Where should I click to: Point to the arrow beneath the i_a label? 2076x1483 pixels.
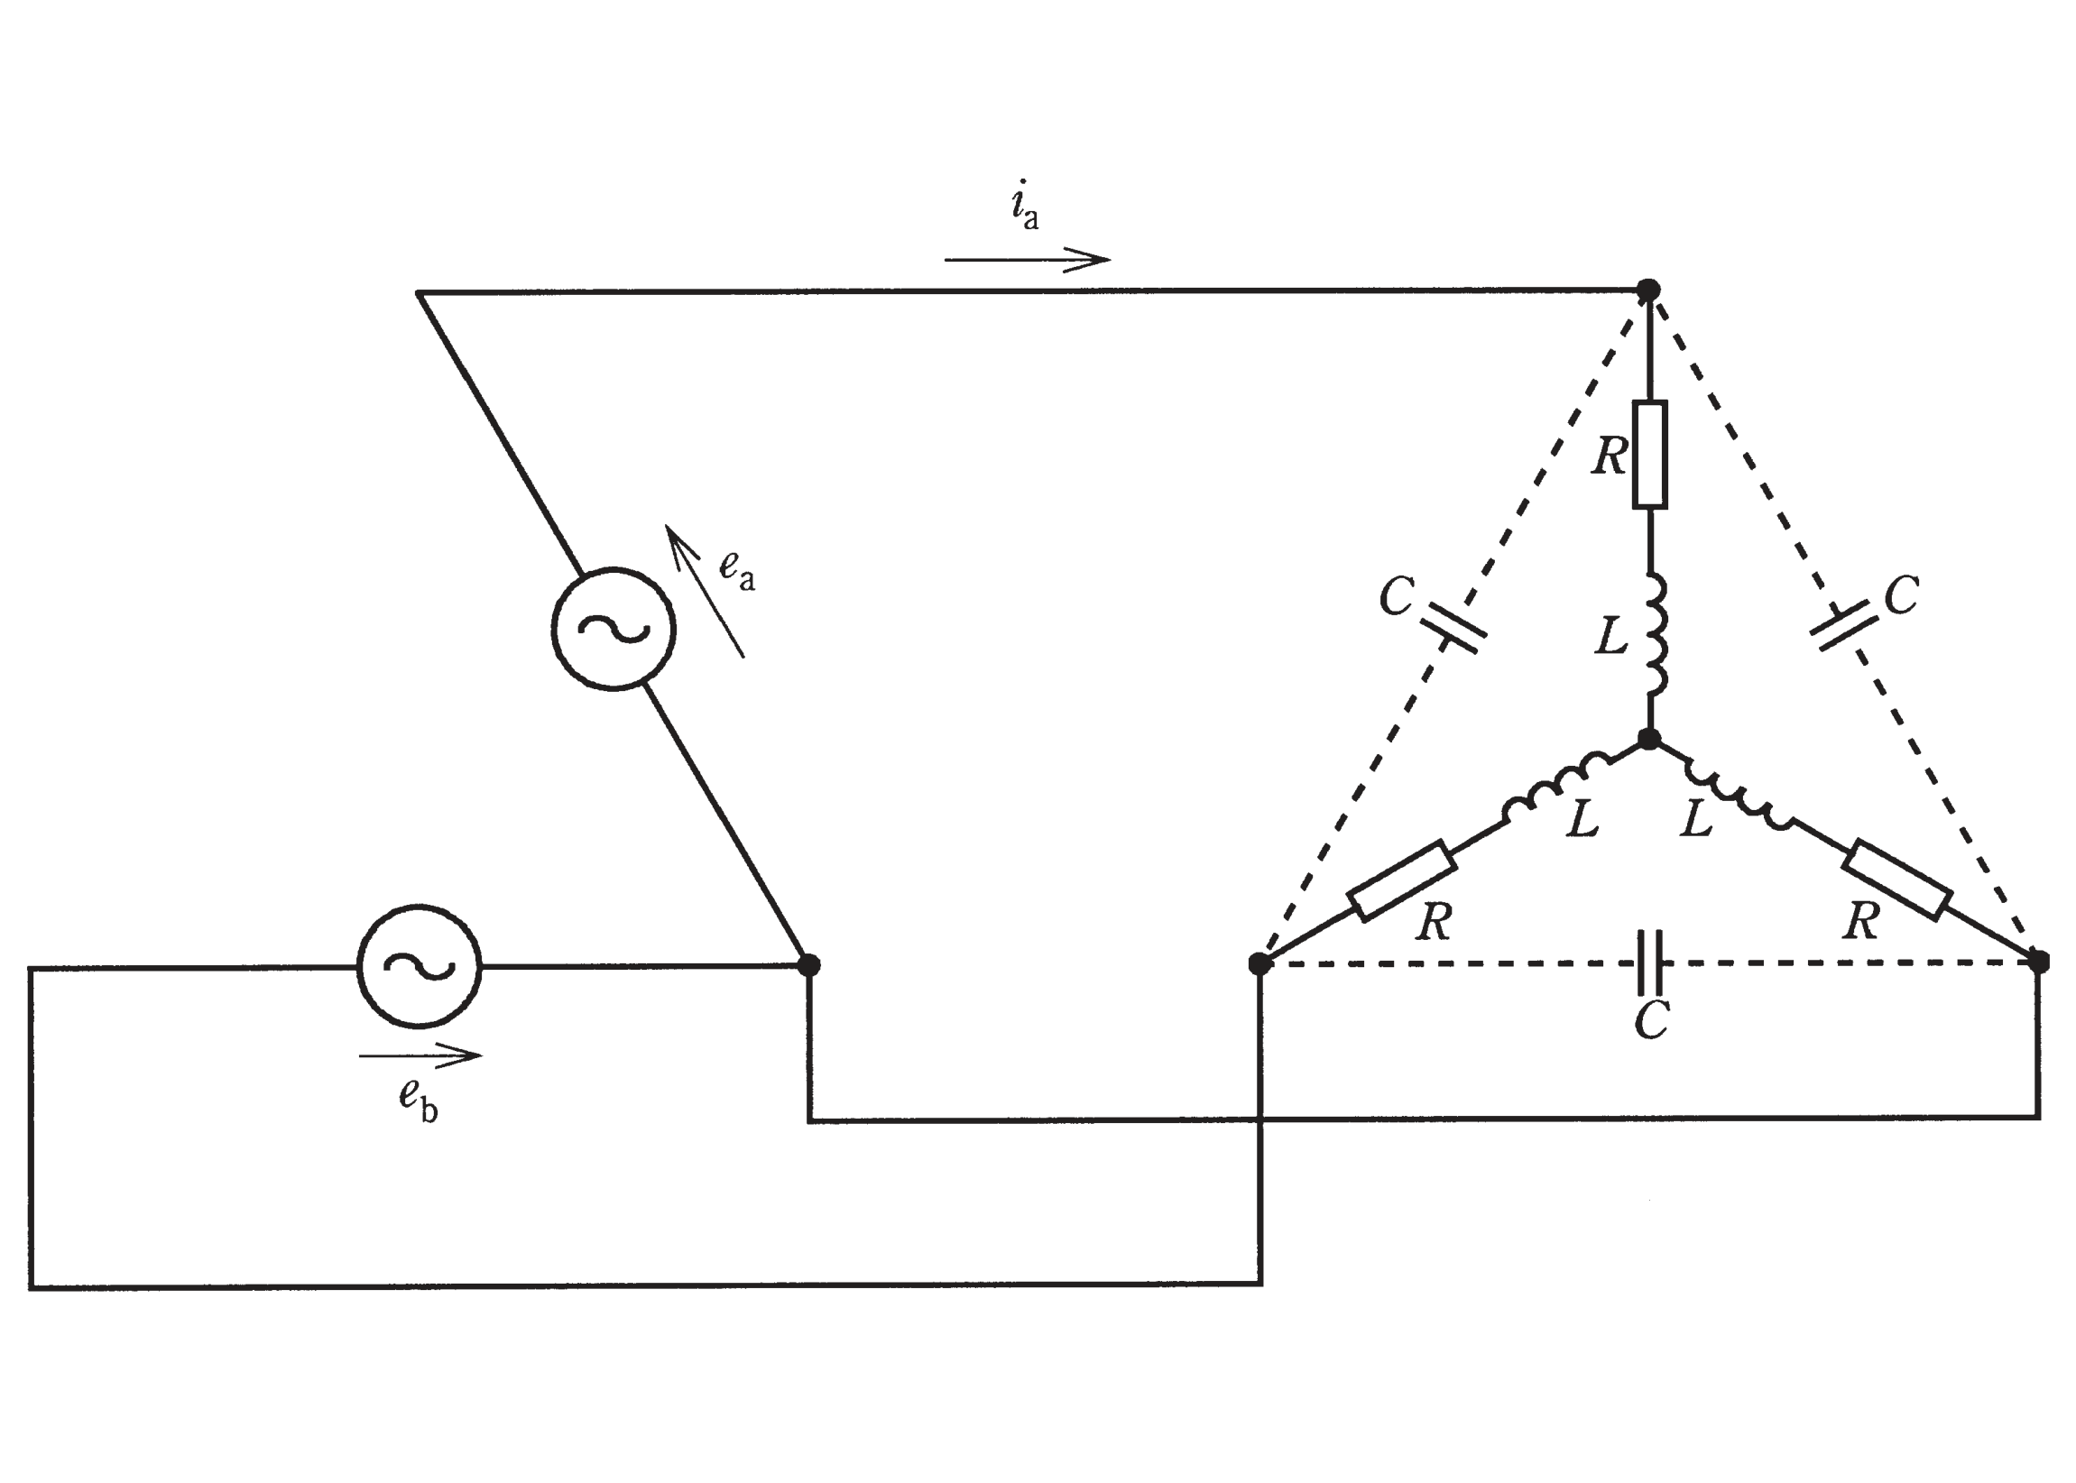click(1027, 259)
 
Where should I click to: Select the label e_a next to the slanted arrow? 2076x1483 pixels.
click(737, 570)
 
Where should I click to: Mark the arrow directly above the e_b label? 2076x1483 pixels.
click(420, 1055)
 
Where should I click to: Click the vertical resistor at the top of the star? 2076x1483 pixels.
click(1649, 454)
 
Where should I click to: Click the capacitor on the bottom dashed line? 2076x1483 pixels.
click(1649, 963)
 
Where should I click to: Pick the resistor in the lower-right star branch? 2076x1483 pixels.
click(1897, 880)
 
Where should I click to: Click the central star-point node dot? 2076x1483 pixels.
click(1649, 739)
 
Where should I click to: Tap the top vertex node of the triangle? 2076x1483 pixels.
click(1648, 290)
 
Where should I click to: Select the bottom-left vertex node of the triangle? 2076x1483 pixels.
click(1259, 963)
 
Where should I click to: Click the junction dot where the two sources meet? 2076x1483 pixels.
click(809, 964)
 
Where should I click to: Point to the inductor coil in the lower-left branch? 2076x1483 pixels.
click(1556, 784)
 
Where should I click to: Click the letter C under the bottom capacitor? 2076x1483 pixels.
click(1652, 1020)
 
